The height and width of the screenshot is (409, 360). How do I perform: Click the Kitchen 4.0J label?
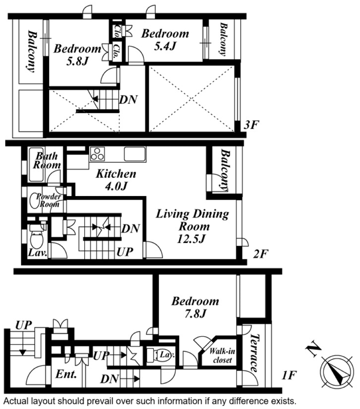coord(116,180)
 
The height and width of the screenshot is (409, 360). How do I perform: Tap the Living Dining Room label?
coord(193,226)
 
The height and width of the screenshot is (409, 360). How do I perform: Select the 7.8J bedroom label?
coord(195,307)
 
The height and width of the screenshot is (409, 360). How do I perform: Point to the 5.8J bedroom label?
coord(77,55)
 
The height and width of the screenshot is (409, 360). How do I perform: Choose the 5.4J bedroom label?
coord(165,40)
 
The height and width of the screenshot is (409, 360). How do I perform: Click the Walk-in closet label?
coord(222,356)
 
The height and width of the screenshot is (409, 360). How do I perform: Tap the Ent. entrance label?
coord(66,374)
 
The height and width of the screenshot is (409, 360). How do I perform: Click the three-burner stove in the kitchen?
coord(97,154)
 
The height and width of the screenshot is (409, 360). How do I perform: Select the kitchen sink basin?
coord(135,154)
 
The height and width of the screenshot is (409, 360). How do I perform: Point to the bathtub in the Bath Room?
coord(36,164)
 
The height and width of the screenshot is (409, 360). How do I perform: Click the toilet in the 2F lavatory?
coord(37,237)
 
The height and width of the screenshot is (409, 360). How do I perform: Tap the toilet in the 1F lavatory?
coord(160,355)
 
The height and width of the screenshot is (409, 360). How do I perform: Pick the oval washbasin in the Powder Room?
coord(34,201)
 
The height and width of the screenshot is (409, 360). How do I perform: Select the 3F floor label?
coord(251,125)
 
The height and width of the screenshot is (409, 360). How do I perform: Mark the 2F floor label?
coord(261,254)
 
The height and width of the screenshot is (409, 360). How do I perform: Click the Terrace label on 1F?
coord(254,353)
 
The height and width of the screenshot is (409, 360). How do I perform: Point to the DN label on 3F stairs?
coord(128,99)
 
